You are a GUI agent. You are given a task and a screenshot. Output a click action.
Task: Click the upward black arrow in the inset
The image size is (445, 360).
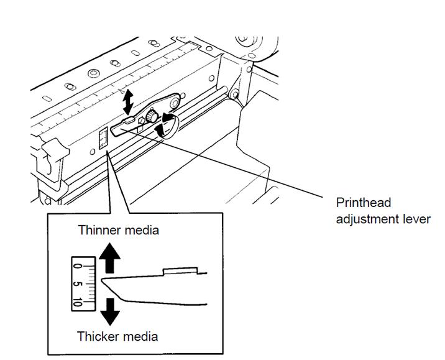click(x=110, y=258)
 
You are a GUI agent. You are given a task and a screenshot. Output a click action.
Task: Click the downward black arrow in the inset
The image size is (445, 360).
click(x=110, y=310)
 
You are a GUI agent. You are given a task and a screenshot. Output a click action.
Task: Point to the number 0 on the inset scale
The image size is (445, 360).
click(x=77, y=265)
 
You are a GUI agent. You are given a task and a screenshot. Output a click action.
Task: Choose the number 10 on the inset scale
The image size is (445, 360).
click(x=78, y=302)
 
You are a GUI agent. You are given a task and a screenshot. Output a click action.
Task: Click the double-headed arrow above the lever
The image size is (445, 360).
click(x=128, y=100)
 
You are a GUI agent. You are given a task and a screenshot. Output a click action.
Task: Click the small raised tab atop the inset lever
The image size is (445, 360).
click(x=180, y=271)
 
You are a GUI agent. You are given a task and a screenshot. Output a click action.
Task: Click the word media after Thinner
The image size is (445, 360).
click(x=142, y=230)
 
